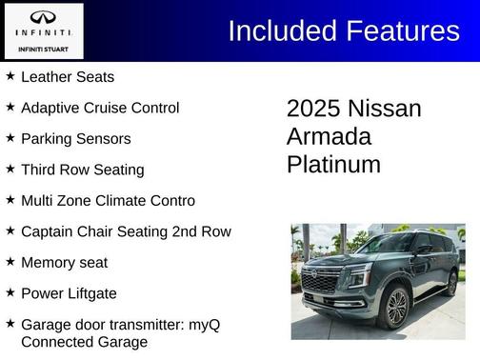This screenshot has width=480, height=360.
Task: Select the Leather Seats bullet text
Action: coord(67,76)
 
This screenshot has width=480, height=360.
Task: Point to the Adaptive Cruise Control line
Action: coord(99,108)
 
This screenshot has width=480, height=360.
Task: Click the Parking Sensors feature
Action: coord(75,138)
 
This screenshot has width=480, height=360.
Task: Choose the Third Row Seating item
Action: coord(82,170)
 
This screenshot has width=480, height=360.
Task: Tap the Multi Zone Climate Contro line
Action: coord(108,200)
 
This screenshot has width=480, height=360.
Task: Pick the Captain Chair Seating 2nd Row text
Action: coord(126,230)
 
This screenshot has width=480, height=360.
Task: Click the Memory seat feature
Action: coord(64,262)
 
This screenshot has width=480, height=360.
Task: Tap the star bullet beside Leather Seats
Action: coord(10,75)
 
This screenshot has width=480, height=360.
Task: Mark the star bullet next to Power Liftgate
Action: coord(10,291)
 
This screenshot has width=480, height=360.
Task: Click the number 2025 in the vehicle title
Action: coord(313,109)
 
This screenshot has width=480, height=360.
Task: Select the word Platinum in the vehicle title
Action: coord(333,164)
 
